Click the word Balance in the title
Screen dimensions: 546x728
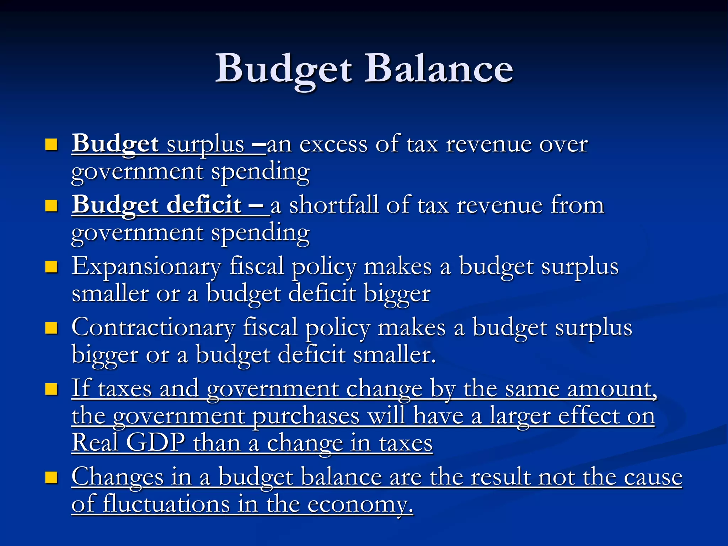coord(441,68)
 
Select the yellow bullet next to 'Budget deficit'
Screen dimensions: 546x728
coord(52,205)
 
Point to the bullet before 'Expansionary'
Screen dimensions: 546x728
coord(52,267)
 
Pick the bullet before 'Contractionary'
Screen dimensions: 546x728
coord(52,328)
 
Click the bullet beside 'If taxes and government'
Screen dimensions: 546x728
coord(52,389)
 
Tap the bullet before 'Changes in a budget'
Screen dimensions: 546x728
coord(52,477)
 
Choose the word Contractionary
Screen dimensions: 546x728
coord(153,328)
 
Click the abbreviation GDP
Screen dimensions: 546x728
coord(155,443)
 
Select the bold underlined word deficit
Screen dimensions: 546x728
coord(204,205)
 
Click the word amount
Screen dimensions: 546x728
coord(612,389)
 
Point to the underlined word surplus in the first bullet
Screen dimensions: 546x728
coord(205,145)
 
